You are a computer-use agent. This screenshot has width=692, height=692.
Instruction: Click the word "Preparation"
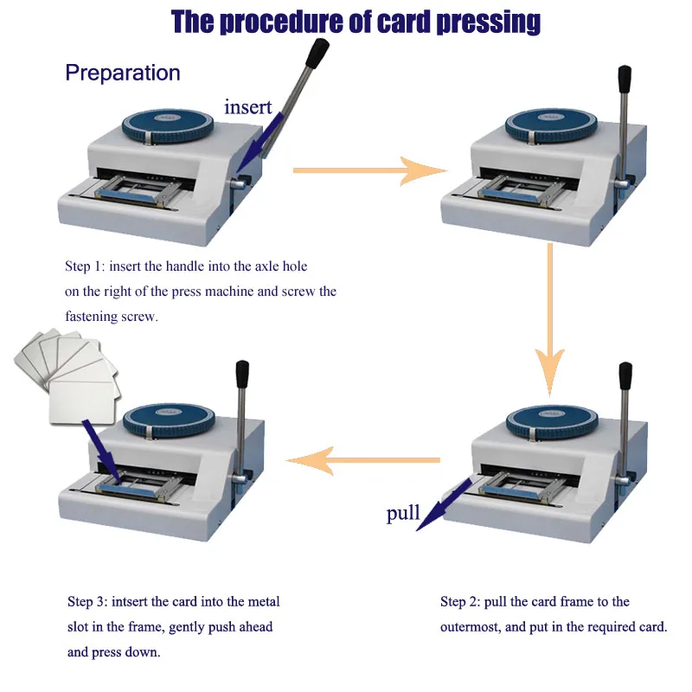[x=123, y=73]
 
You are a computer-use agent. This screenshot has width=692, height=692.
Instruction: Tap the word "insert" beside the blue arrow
[x=248, y=107]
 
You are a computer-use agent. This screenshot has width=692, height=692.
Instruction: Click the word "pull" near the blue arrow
[x=403, y=514]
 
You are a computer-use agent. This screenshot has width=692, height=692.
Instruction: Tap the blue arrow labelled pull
[x=445, y=503]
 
